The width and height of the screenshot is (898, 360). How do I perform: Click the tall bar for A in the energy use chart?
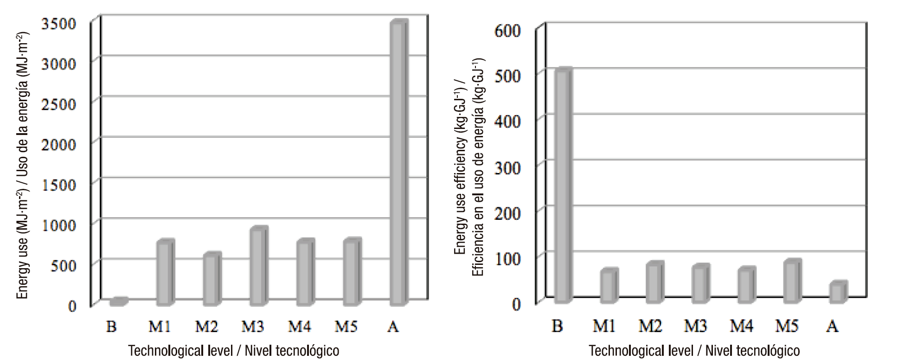coord(398,162)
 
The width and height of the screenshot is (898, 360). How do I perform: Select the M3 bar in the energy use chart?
coord(258,267)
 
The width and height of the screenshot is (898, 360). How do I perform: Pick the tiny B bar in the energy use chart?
coord(118,302)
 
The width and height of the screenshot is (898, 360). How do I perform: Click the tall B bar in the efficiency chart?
coord(563,186)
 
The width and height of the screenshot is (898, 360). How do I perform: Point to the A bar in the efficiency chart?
coord(838,292)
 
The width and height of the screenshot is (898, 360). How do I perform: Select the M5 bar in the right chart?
coord(792,282)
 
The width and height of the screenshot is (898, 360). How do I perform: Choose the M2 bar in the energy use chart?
coord(211,279)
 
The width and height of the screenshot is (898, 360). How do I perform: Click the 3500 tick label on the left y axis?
coord(58,23)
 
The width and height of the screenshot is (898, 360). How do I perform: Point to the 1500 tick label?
coord(58,185)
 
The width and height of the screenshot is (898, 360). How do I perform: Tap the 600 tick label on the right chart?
coord(507,31)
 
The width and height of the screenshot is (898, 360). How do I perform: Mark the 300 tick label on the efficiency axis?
coord(507,167)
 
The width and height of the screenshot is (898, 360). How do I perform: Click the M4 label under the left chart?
coord(299,327)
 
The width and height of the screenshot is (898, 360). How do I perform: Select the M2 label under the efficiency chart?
coord(650,327)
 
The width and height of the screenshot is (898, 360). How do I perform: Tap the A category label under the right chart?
coord(832,327)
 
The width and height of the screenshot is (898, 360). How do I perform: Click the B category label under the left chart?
coord(111,327)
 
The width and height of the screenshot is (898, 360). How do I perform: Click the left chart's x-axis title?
coord(233,350)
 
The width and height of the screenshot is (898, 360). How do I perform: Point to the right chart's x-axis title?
coord(694,350)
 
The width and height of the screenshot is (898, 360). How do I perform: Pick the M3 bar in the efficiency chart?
coord(700,283)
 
